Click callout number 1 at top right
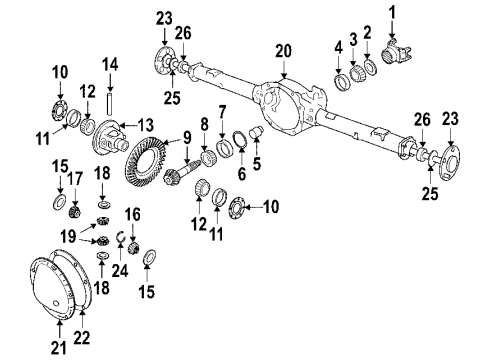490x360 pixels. click(x=392, y=12)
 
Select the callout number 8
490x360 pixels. click(x=204, y=126)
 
